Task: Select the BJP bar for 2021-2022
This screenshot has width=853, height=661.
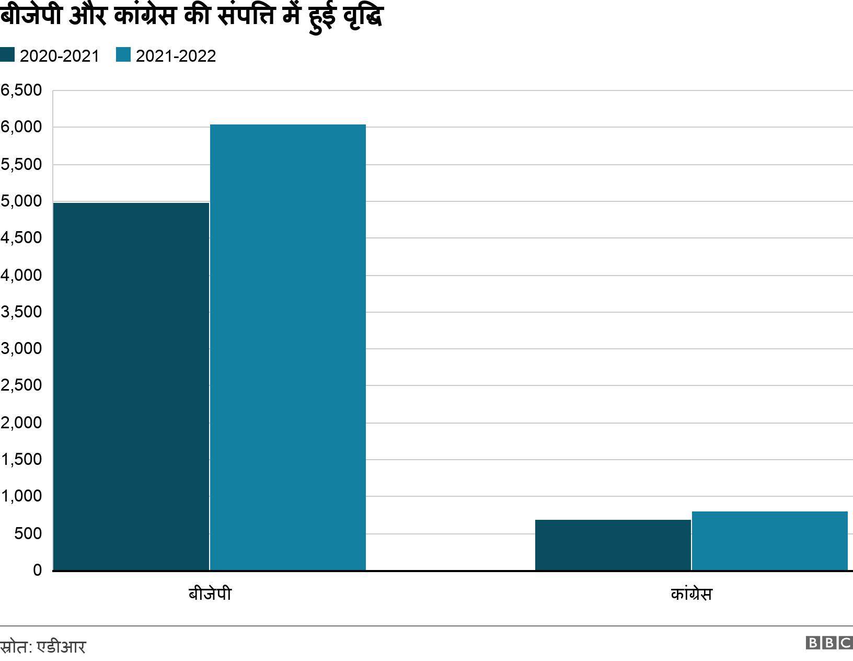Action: click(287, 347)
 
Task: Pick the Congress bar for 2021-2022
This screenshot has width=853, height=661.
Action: click(769, 541)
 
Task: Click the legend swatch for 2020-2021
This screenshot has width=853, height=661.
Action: click(7, 55)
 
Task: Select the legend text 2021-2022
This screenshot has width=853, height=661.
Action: click(176, 56)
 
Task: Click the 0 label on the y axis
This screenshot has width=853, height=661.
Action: click(37, 570)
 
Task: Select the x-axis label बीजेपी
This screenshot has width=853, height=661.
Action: click(210, 595)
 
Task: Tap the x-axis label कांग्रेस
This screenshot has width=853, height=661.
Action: click(691, 595)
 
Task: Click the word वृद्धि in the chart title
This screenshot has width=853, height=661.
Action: click(363, 17)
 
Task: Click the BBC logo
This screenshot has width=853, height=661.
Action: click(829, 643)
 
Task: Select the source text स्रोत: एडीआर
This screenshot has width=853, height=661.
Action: click(43, 647)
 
